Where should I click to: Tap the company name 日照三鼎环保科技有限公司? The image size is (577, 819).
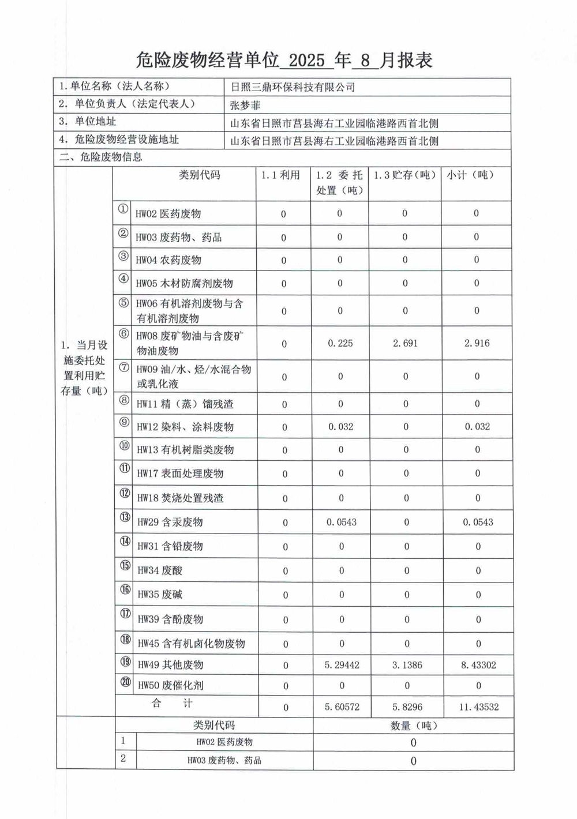coord(293,87)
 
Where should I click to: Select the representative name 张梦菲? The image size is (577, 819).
coord(245,105)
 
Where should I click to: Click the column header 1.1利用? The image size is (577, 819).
coord(281,175)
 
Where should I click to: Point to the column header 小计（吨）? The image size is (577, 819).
coord(470,175)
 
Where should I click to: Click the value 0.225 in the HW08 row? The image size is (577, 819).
coord(340,343)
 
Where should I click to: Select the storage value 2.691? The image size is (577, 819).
coord(405,343)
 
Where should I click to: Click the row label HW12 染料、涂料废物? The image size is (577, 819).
coord(185,427)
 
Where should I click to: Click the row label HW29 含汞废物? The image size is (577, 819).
coord(170,523)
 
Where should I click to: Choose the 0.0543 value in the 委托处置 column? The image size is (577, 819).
coord(342,523)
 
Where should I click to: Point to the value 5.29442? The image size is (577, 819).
coord(342,665)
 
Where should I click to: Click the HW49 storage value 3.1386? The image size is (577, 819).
coord(407,665)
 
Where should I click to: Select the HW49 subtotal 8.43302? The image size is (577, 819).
coord(478,665)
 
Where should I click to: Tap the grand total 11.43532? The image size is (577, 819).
coord(479,707)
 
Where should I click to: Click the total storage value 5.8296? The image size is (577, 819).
coord(407,707)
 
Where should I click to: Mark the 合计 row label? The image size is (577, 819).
coord(172,704)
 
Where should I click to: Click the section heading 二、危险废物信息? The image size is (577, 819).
coord(101,157)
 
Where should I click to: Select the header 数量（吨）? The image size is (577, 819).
coord(414,726)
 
